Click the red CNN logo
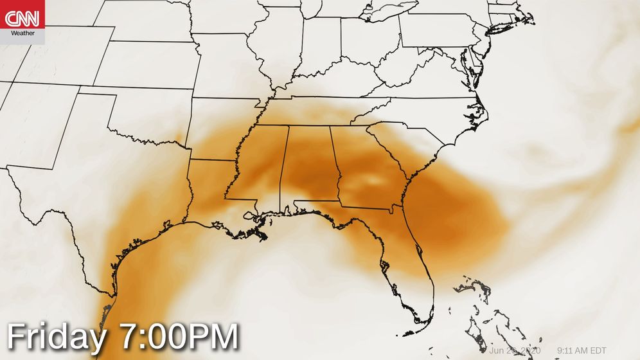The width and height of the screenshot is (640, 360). [x=22, y=18]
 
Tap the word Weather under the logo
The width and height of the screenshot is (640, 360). [x=22, y=33]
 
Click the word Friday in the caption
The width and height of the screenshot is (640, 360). [x=55, y=337]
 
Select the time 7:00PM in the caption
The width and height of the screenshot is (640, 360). [x=179, y=337]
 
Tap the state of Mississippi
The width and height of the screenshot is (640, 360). [x=260, y=167]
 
